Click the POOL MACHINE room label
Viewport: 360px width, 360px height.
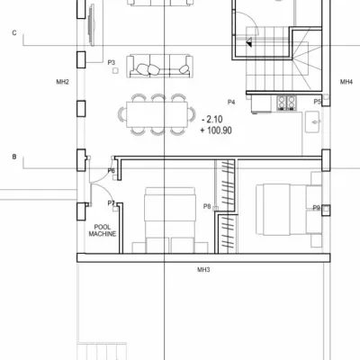click(103, 230)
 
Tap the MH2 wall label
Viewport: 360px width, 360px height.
click(63, 82)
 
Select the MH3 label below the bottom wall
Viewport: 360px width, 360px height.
click(203, 270)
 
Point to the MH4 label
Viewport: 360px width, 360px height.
click(346, 82)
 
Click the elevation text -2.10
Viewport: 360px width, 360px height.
click(212, 120)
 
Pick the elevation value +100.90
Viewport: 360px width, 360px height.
click(216, 130)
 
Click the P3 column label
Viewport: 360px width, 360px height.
click(112, 63)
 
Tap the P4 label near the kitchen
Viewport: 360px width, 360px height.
click(231, 103)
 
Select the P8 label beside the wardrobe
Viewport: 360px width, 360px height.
click(207, 206)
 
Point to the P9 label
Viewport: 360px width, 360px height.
click(317, 208)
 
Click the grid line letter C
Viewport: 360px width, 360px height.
click(14, 32)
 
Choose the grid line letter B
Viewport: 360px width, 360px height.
click(14, 157)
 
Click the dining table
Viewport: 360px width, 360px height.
click(157, 114)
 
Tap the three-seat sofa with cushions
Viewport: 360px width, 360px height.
click(159, 66)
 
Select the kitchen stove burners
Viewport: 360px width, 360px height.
click(286, 102)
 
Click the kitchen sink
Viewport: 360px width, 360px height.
click(312, 121)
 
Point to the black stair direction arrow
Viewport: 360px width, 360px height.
click(249, 43)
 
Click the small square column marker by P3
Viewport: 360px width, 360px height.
click(115, 71)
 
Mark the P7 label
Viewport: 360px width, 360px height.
click(112, 203)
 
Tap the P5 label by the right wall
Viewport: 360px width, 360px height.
click(318, 102)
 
